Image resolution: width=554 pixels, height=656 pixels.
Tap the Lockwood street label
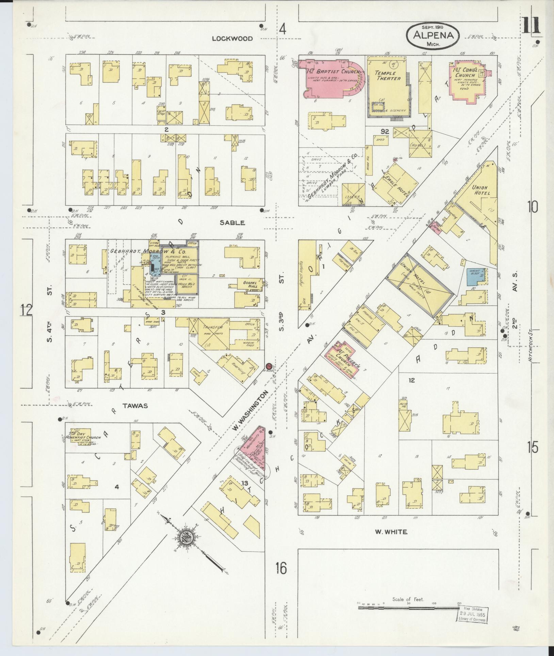click(232, 38)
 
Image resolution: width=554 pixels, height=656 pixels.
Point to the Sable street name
click(232, 223)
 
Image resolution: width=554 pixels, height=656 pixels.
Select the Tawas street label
click(135, 406)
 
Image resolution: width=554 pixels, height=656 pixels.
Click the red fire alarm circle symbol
click(269, 366)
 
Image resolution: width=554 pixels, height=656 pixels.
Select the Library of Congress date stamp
click(473, 614)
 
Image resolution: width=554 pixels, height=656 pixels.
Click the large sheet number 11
click(531, 26)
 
